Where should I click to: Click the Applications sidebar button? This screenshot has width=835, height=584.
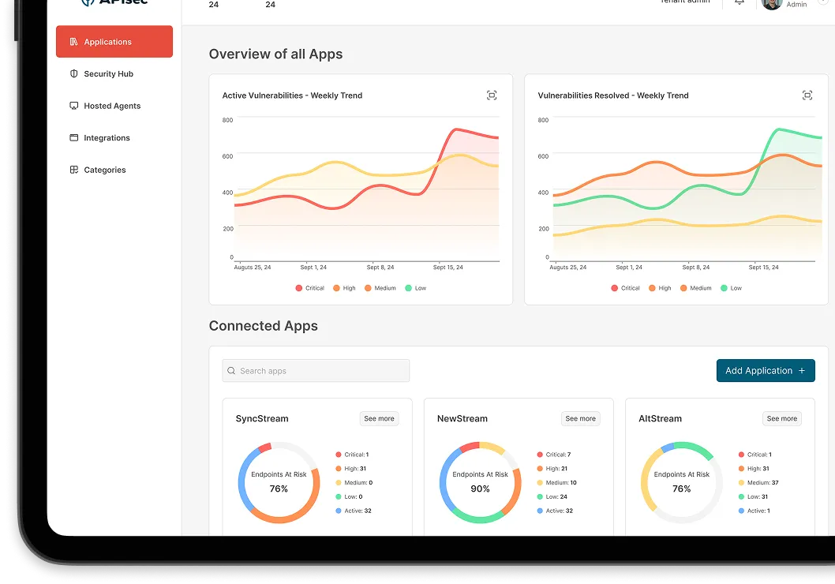114,42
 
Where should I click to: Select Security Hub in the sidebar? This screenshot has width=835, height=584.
108,74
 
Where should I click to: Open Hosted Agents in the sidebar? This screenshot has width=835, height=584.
111,106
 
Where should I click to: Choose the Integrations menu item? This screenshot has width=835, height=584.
107,138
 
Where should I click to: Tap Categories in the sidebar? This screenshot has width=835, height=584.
104,170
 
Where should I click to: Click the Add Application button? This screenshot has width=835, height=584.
765,371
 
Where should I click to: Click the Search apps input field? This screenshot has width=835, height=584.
316,371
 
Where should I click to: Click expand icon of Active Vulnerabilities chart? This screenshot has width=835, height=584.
492,95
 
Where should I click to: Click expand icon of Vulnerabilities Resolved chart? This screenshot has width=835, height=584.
807,95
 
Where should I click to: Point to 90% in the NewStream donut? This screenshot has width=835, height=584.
480,489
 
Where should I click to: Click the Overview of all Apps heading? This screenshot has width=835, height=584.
275,54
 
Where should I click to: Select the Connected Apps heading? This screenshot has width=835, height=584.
263,326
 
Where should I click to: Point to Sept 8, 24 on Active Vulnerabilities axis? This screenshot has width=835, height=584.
380,268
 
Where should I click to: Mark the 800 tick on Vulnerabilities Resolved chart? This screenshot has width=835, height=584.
543,120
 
